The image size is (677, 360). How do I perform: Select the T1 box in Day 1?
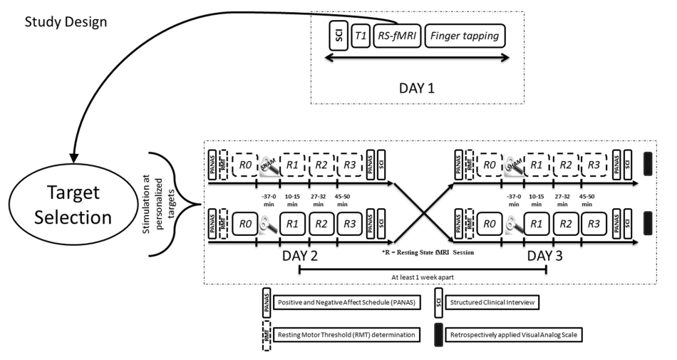click(362, 36)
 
